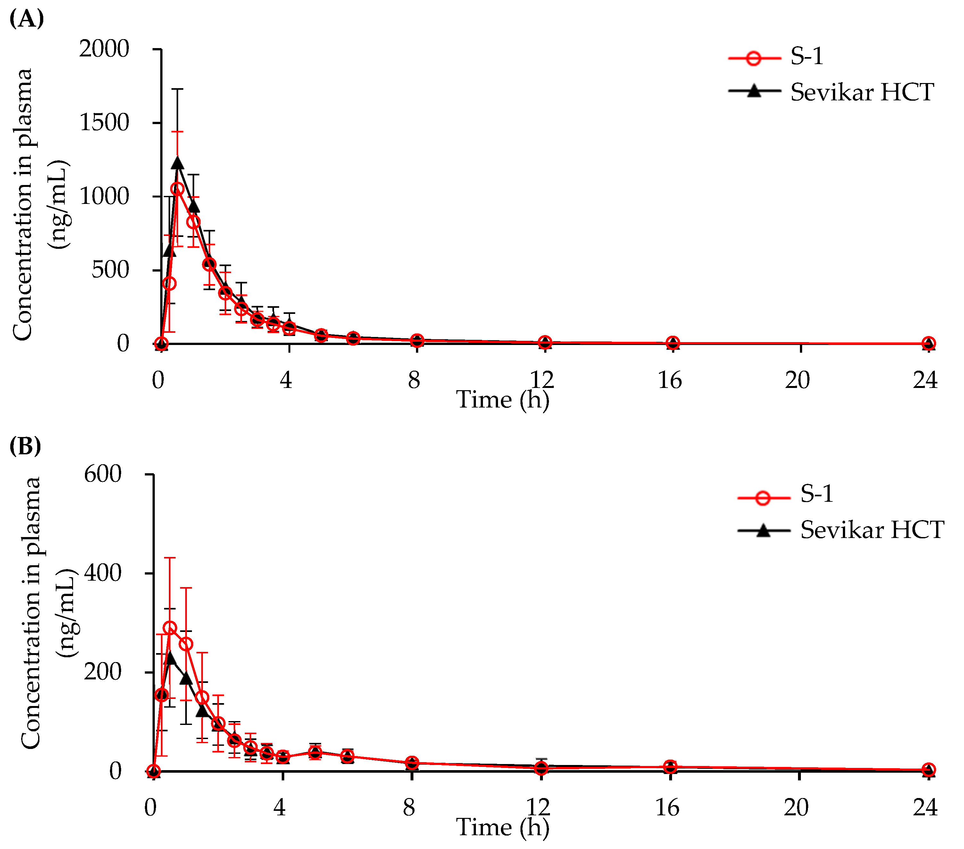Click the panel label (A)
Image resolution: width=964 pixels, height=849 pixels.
click(x=26, y=19)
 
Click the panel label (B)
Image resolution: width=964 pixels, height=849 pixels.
click(x=25, y=446)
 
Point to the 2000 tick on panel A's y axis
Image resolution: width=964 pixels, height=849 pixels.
click(x=104, y=49)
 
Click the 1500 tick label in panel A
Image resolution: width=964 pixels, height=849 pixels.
click(x=104, y=123)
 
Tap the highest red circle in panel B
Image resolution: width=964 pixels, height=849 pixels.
click(x=170, y=628)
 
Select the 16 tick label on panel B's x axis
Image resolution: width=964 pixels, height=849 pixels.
click(x=667, y=807)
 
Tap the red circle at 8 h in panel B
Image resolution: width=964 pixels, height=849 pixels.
click(x=412, y=763)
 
